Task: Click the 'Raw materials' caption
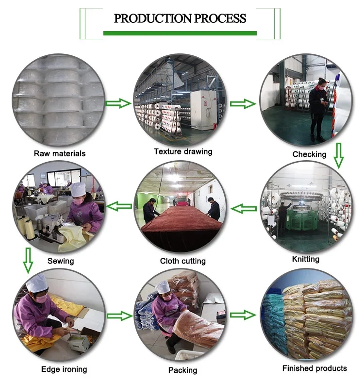tap(60, 153)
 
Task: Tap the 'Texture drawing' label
tap(183, 151)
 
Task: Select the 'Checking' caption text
tap(309, 154)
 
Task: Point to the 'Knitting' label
tap(306, 259)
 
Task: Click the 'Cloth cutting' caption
tap(183, 261)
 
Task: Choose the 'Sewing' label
tap(61, 261)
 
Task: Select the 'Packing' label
tap(183, 370)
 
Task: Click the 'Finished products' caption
tap(315, 368)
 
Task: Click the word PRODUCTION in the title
tap(152, 19)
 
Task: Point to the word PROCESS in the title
tap(220, 19)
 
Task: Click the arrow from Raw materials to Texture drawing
tap(118, 103)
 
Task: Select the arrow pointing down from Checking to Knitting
tap(339, 155)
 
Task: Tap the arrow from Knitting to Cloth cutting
tap(244, 209)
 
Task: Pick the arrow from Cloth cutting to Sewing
tap(119, 206)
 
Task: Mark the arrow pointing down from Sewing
tap(28, 259)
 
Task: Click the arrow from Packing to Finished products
tap(243, 315)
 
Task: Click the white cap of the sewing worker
tap(79, 187)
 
